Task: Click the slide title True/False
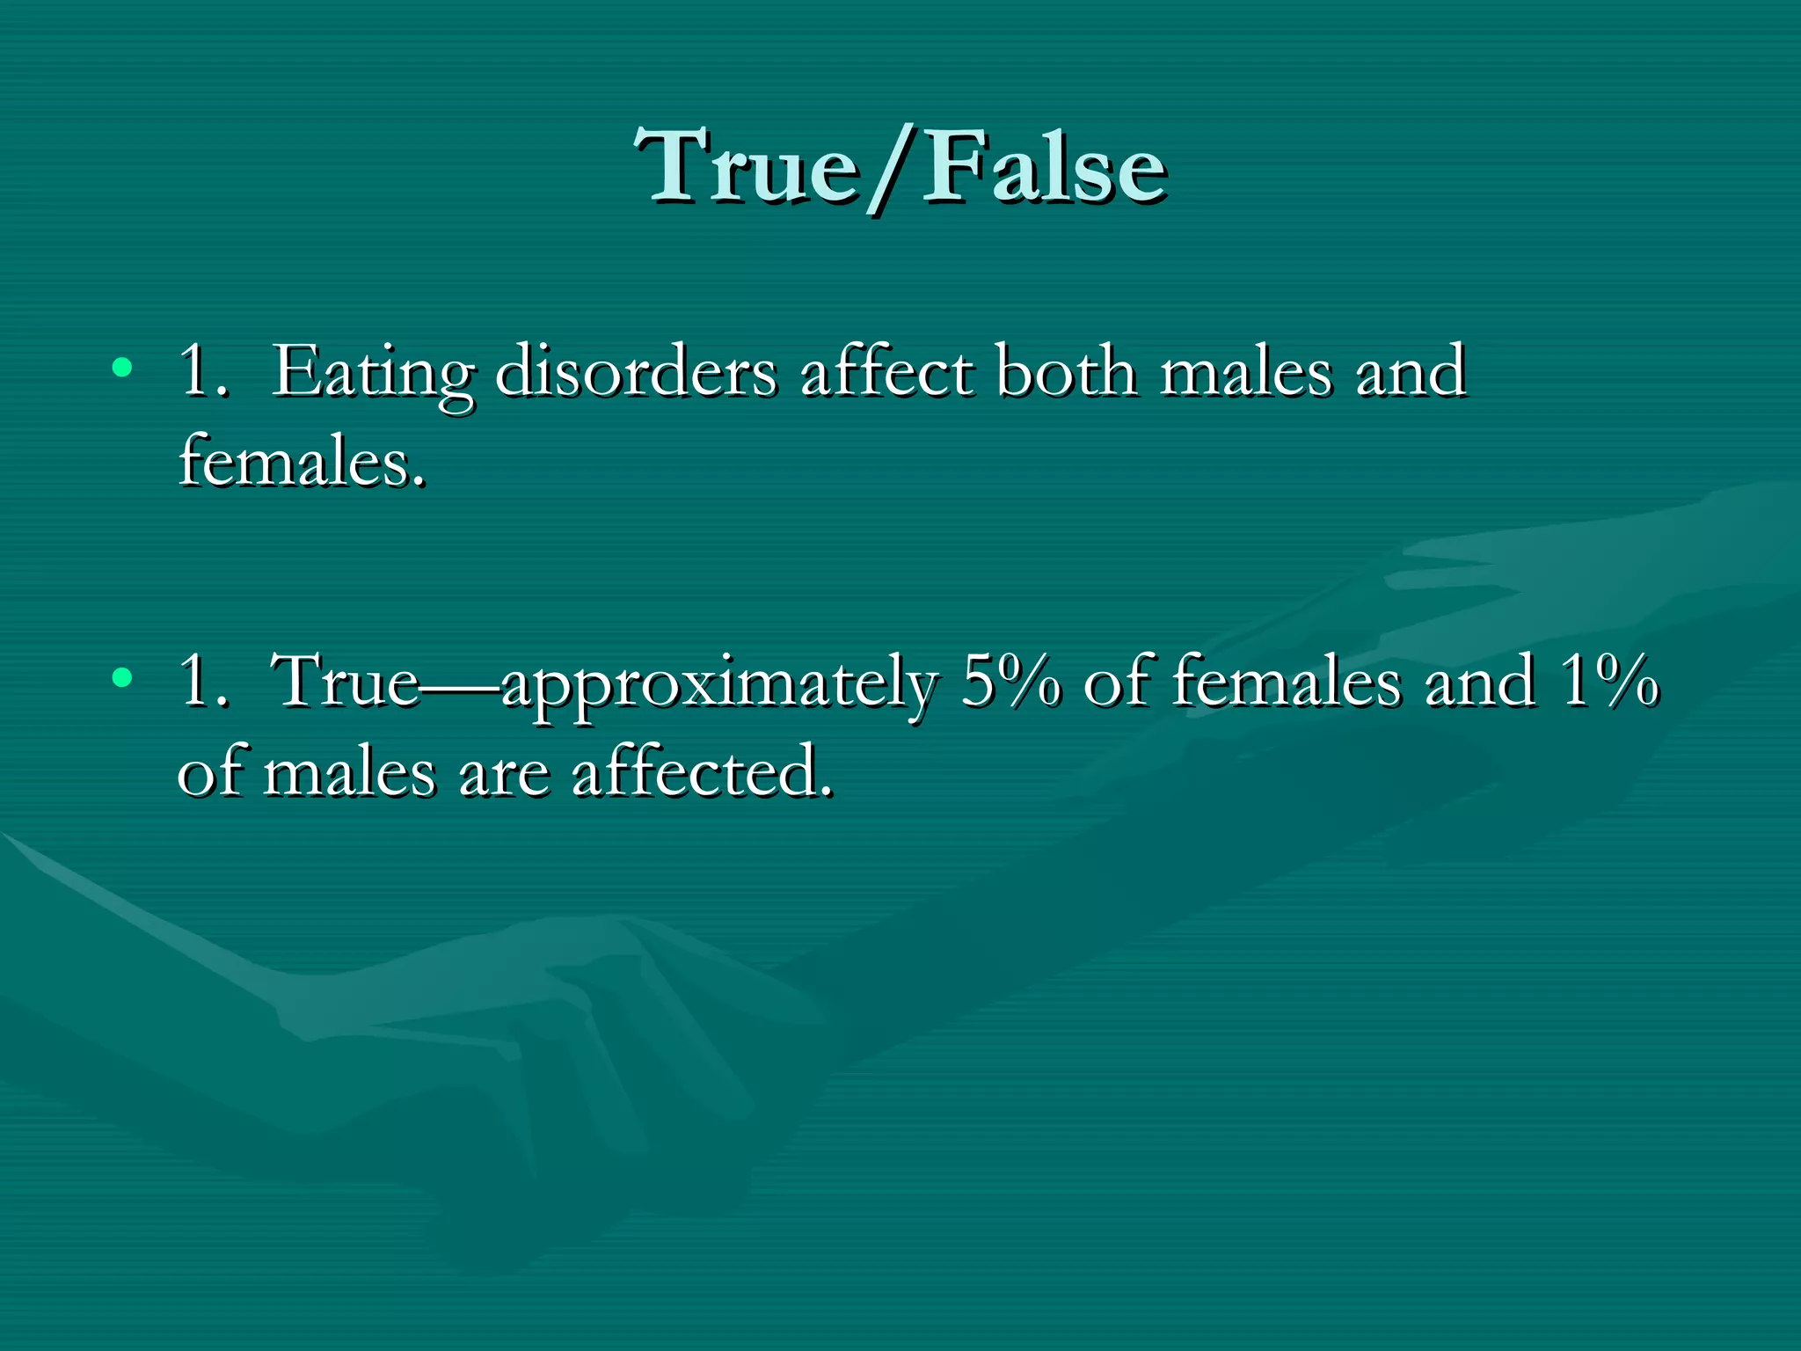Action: pos(900,167)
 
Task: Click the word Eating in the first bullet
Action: pos(373,373)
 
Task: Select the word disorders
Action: pos(636,371)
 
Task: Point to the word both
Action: pos(1066,371)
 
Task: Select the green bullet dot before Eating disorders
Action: pos(122,368)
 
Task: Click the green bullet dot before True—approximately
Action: pos(122,677)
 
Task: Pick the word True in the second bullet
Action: pos(345,681)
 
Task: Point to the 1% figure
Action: pos(1609,681)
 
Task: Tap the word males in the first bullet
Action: pos(1247,371)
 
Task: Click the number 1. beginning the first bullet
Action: pos(204,371)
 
